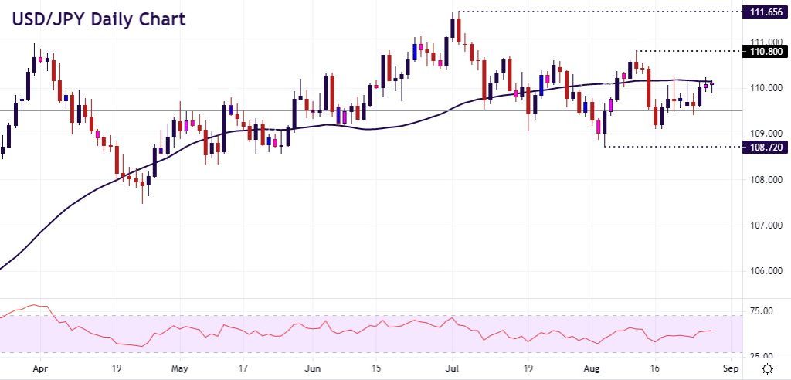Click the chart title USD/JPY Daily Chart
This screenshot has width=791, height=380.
(98, 19)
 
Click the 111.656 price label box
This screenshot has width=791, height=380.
(763, 12)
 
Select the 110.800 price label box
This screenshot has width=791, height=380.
(763, 52)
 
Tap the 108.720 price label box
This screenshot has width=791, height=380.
(763, 146)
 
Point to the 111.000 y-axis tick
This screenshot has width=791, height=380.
(763, 42)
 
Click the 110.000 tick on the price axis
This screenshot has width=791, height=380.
(763, 88)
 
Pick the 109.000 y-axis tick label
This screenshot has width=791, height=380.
(763, 134)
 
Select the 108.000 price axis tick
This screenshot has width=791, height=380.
(763, 180)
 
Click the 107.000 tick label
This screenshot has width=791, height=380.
(763, 226)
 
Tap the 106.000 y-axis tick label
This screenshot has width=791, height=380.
(763, 271)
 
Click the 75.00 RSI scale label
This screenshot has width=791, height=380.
(760, 311)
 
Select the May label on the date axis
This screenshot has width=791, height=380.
(179, 368)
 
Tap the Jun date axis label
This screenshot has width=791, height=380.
(311, 368)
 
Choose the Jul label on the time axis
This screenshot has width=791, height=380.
(451, 368)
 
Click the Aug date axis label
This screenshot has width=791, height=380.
(589, 368)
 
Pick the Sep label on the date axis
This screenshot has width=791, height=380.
(730, 368)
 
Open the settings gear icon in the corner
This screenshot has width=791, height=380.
(768, 368)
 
